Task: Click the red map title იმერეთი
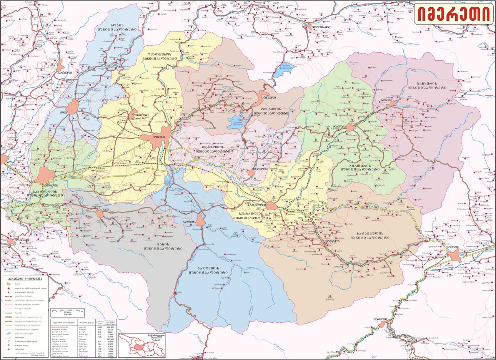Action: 454,14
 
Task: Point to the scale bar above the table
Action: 68,310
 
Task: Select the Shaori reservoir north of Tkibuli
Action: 285,70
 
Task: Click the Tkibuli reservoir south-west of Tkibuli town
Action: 235,122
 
